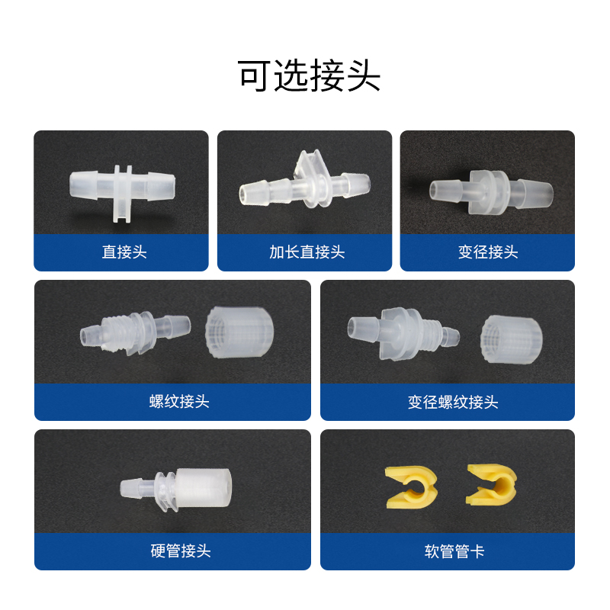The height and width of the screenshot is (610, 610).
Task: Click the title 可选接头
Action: point(309,75)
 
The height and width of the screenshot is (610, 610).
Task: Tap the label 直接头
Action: point(124,252)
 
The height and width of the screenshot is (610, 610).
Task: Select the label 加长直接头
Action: point(307,252)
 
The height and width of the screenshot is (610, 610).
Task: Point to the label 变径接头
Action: point(488,252)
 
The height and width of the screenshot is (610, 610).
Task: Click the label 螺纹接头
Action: point(179,401)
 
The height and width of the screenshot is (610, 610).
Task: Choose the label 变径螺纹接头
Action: point(453,402)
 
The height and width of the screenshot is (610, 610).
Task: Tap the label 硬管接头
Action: point(181,551)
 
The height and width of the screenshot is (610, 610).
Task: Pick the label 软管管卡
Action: point(454,551)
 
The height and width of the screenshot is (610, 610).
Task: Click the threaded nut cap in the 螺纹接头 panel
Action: point(239,332)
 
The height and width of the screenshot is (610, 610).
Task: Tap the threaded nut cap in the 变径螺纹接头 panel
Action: point(511,339)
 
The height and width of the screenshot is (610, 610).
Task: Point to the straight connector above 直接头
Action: point(122,193)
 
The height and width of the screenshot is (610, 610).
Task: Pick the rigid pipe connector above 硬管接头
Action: point(175,490)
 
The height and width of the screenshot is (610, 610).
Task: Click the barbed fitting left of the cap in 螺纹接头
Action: point(136,332)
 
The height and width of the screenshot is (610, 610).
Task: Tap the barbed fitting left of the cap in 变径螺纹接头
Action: point(403,333)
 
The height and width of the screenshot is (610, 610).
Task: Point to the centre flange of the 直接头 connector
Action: point(122,194)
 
